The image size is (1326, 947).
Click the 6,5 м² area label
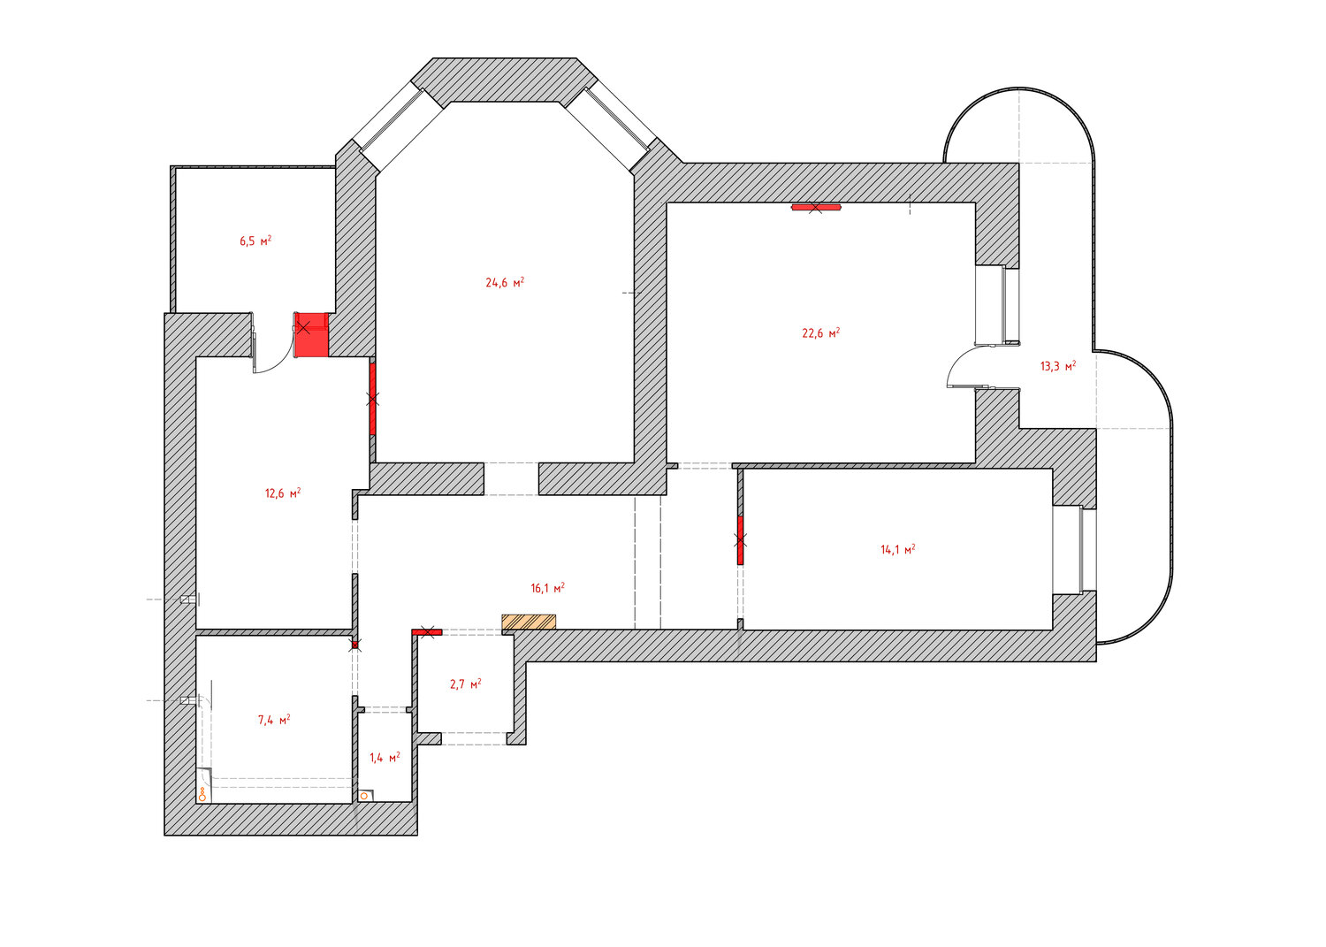[255, 241]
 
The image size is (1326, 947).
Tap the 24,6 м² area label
[505, 282]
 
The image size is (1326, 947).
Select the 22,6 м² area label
[821, 332]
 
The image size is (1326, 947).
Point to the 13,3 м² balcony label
[1058, 366]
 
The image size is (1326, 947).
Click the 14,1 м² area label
[898, 550]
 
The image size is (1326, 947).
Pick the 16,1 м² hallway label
[547, 588]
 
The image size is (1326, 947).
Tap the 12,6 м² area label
[283, 493]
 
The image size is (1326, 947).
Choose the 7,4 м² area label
[274, 720]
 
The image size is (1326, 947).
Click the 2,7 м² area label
[466, 684]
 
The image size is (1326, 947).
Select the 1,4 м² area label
[385, 758]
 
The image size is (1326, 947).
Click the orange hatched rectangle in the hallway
[529, 622]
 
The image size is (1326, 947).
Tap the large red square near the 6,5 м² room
[311, 334]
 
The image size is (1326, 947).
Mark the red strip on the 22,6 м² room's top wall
[816, 207]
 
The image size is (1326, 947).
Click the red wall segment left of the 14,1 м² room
[740, 540]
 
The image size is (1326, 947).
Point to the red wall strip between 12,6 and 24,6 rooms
[372, 399]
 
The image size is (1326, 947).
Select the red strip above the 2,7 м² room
[427, 632]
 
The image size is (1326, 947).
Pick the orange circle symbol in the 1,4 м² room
[364, 796]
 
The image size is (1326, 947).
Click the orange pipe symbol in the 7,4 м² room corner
[202, 795]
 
